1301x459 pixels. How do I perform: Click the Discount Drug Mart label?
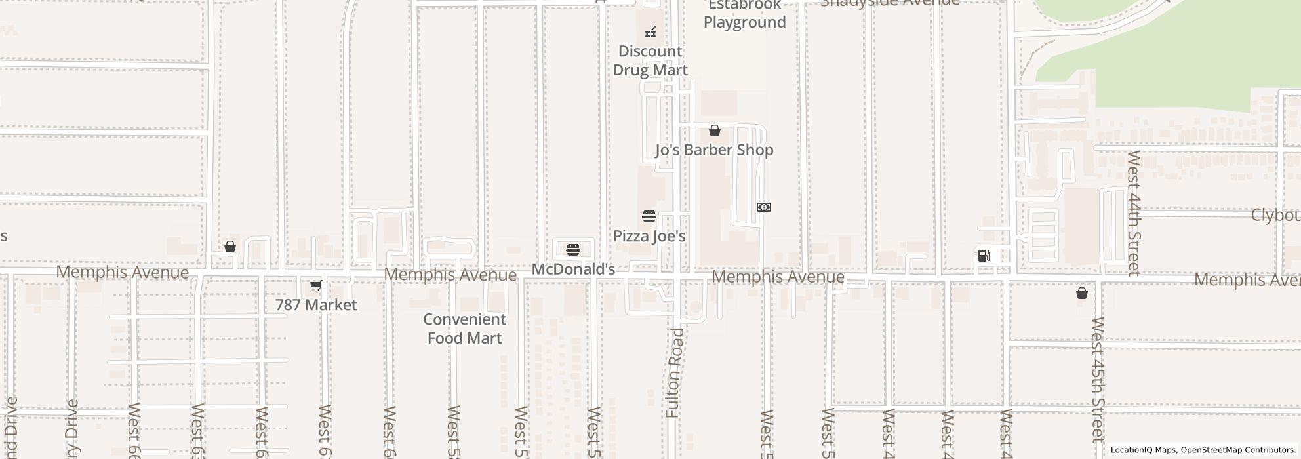pyautogui.click(x=650, y=60)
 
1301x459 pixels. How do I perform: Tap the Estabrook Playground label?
pyautogui.click(x=744, y=14)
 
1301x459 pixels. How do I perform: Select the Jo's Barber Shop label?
pyautogui.click(x=714, y=150)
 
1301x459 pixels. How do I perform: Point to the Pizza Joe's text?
pyautogui.click(x=649, y=236)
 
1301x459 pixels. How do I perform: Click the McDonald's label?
pyautogui.click(x=573, y=269)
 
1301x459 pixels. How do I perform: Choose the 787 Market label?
pyautogui.click(x=316, y=305)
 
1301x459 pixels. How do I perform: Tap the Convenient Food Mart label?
pyautogui.click(x=464, y=329)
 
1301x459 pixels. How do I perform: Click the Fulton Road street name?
pyautogui.click(x=675, y=373)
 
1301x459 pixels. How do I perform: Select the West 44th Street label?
pyautogui.click(x=1134, y=213)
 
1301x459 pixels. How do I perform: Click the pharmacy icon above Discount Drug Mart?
pyautogui.click(x=650, y=31)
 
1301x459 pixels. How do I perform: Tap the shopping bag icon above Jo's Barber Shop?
pyautogui.click(x=715, y=131)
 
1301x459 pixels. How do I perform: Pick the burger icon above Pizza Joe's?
pyautogui.click(x=649, y=216)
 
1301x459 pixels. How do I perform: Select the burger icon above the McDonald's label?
pyautogui.click(x=573, y=250)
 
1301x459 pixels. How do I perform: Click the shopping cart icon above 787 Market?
pyautogui.click(x=315, y=286)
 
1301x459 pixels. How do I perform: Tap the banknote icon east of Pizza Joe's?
pyautogui.click(x=764, y=207)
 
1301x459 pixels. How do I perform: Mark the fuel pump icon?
pyautogui.click(x=984, y=256)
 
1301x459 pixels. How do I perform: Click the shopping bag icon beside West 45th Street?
pyautogui.click(x=1082, y=293)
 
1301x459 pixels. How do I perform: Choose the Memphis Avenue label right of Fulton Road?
pyautogui.click(x=778, y=277)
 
